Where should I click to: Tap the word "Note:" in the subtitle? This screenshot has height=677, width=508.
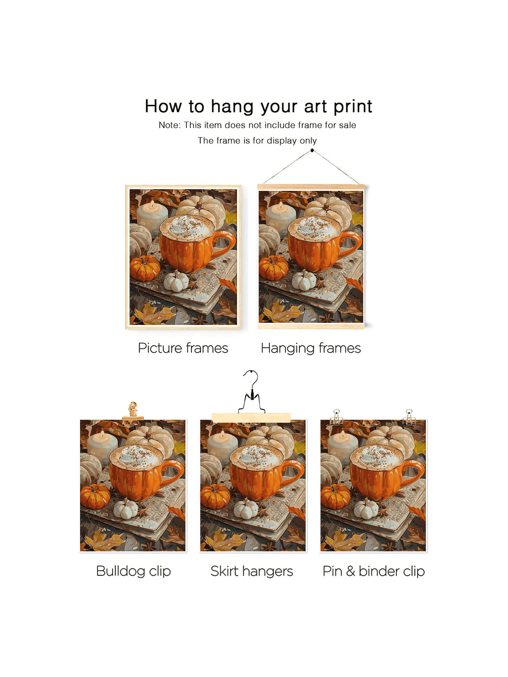click(169, 125)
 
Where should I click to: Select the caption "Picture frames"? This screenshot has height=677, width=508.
click(183, 348)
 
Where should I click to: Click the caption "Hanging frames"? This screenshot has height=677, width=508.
click(311, 349)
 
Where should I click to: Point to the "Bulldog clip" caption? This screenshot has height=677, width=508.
click(133, 571)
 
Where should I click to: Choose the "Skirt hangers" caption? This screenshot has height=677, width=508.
click(252, 571)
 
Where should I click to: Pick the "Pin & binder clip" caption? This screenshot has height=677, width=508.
click(373, 571)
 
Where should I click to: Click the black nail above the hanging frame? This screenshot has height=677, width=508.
click(312, 151)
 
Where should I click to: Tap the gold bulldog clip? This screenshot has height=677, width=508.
click(133, 411)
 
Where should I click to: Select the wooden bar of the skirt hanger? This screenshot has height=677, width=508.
click(251, 417)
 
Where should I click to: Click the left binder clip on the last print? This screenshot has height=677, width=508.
click(336, 417)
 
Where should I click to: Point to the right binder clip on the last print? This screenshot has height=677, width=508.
click(409, 417)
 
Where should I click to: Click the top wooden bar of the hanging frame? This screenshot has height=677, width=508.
click(311, 187)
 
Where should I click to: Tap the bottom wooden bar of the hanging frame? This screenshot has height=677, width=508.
click(311, 326)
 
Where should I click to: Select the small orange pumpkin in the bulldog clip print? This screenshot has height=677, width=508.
click(95, 496)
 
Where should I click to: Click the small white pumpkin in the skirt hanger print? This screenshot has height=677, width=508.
click(246, 509)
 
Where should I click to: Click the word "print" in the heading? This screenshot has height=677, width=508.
click(353, 107)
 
